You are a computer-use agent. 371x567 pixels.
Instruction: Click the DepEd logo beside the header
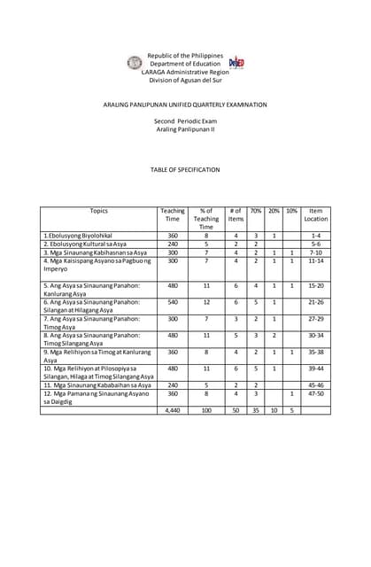tap(236, 63)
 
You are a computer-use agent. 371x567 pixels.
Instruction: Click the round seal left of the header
tap(135, 63)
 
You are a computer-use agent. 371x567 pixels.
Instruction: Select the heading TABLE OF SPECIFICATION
tap(185, 169)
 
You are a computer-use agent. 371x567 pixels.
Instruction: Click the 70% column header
tap(255, 211)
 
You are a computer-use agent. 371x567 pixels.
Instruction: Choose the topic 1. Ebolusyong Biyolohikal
tap(79, 236)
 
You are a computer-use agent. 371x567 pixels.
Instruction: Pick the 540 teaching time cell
tap(173, 302)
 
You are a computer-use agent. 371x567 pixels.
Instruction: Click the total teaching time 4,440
tap(173, 410)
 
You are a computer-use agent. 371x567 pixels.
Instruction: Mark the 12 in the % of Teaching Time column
tap(205, 302)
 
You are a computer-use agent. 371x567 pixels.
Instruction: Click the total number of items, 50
tap(236, 410)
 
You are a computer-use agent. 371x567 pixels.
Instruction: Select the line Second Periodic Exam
tap(185, 120)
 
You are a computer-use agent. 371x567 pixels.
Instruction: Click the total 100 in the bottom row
tap(205, 410)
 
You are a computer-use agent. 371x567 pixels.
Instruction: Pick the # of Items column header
tap(236, 214)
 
